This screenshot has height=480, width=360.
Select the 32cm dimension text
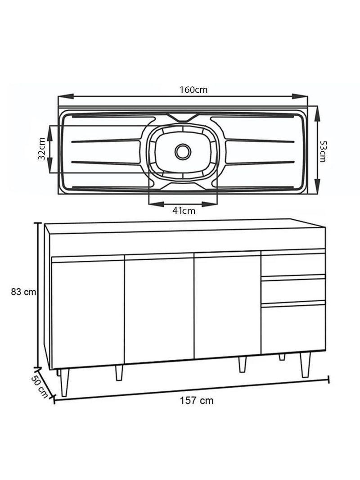[41, 149]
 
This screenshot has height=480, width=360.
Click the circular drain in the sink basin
[183, 152]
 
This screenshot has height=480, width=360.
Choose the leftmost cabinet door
[88, 313]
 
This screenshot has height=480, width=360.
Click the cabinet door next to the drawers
[227, 307]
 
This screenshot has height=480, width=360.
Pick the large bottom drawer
[293, 328]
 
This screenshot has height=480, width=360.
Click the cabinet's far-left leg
[64, 383]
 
